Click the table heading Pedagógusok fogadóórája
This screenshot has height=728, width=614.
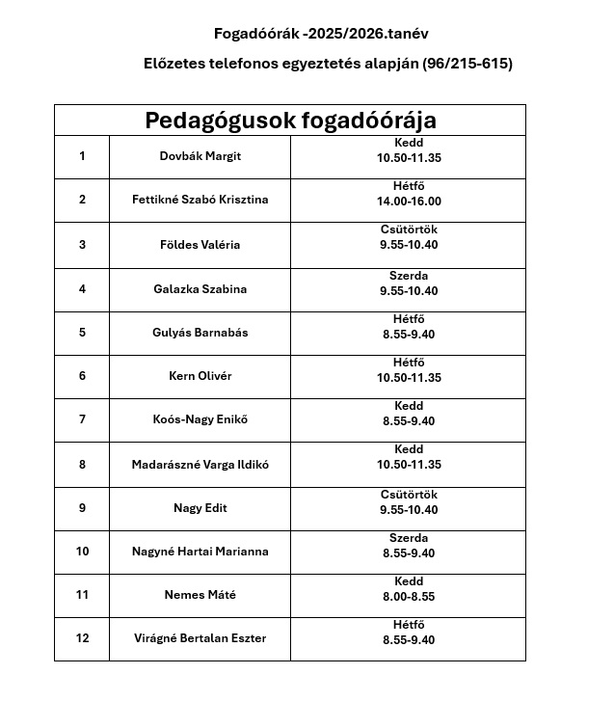click(290, 121)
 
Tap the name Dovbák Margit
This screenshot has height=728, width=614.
click(200, 156)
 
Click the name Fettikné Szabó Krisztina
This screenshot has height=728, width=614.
click(200, 200)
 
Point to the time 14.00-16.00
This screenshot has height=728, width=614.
click(409, 202)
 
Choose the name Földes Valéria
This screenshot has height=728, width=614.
click(200, 245)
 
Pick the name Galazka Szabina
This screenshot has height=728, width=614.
click(200, 289)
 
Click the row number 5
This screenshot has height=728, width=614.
click(82, 333)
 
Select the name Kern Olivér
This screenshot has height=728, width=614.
click(200, 376)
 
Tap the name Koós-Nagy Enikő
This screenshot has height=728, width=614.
click(200, 419)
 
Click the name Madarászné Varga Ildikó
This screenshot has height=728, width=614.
click(200, 465)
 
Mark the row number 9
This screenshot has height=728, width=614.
click(82, 508)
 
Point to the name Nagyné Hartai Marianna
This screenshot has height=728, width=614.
click(200, 552)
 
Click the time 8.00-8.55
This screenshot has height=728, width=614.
click(409, 597)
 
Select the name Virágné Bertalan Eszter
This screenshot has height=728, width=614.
click(200, 638)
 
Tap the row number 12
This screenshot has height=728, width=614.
click(82, 638)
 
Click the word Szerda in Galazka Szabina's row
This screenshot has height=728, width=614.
click(409, 276)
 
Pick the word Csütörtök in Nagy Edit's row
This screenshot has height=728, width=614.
click(409, 495)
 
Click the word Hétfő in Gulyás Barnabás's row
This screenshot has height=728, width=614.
click(409, 319)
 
